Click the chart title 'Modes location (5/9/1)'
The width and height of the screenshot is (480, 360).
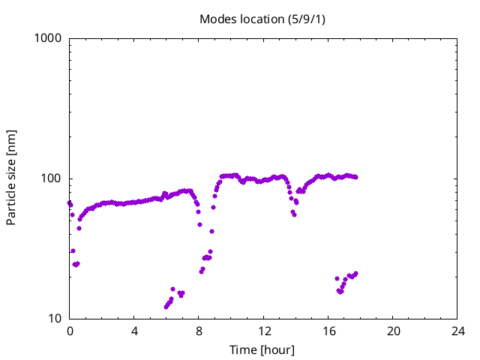pos(262,19)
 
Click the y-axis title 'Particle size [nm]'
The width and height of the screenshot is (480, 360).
pos(11,178)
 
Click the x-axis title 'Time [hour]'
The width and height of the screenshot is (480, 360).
pos(262,350)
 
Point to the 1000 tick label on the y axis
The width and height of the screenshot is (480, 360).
pos(48,38)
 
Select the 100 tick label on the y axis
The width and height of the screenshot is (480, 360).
pos(51,178)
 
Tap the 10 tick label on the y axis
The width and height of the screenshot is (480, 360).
pos(55,319)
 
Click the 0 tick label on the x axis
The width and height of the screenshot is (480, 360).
pos(70,331)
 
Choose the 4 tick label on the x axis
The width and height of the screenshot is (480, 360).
pos(134,331)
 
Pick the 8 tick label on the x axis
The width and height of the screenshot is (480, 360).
pos(199,331)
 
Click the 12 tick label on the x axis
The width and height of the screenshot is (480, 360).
pos(263,331)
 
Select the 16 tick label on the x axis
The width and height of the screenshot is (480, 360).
pos(328,331)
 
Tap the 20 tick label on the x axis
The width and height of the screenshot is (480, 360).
pos(393,331)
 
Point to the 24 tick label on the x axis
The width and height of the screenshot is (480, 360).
pos(457,331)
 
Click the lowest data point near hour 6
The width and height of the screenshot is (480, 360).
pos(166,307)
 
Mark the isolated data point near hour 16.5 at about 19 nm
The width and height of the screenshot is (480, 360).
pos(337,278)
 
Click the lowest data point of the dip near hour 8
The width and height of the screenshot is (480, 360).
pos(202,271)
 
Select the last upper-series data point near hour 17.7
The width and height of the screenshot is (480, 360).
pos(355,177)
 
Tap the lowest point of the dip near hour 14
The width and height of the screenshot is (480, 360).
pos(294,214)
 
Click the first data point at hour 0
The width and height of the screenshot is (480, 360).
pos(70,203)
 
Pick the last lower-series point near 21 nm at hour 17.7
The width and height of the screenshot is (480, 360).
pos(355,273)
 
